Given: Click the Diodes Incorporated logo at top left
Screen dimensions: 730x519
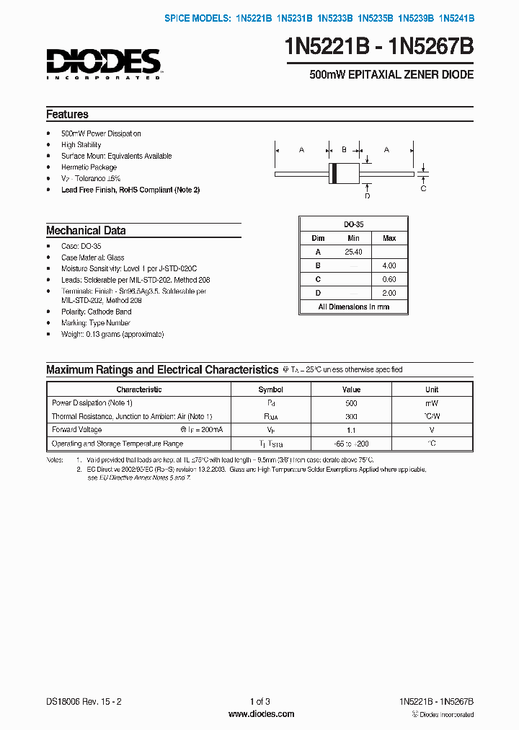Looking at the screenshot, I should [103, 63].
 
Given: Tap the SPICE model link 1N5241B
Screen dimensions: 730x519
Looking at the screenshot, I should [456, 19].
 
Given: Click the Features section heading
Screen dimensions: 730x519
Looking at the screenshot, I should [68, 114].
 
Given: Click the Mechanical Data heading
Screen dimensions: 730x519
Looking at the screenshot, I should [86, 231].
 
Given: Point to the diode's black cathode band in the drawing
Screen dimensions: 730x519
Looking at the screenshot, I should [334, 173].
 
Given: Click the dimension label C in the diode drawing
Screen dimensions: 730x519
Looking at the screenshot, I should [423, 188].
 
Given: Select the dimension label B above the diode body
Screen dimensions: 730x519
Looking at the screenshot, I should [344, 149].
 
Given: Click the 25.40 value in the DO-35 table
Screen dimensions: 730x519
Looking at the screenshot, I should [353, 252].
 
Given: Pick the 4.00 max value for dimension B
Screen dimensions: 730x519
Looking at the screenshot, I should [389, 265].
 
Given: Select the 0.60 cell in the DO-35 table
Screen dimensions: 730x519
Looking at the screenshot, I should [389, 279].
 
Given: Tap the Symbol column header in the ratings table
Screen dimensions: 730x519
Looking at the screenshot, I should [271, 390].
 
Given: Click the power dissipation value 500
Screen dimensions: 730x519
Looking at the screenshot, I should [351, 403].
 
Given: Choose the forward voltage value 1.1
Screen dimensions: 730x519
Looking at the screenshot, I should [351, 430].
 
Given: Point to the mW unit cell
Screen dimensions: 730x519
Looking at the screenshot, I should [432, 403].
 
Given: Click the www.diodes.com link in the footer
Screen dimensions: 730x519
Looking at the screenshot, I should [261, 714].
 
